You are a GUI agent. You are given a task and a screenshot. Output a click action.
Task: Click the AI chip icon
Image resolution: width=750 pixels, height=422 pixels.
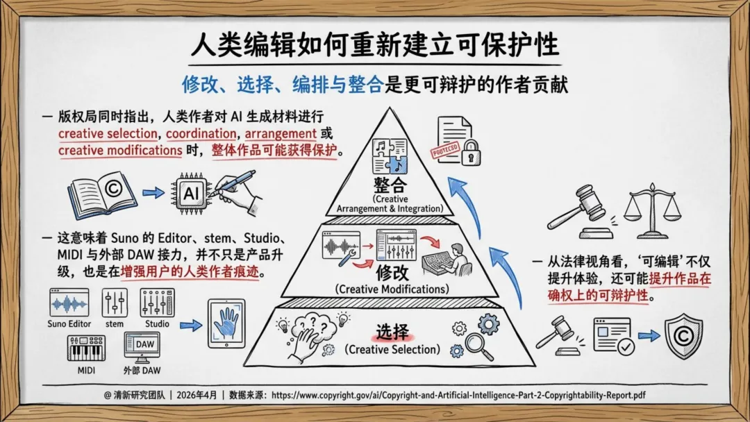tap(191, 194)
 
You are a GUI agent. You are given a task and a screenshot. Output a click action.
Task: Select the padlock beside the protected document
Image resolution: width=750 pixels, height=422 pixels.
tap(471, 151)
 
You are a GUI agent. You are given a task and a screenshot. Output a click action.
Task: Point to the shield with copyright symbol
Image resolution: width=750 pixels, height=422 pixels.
tap(683, 336)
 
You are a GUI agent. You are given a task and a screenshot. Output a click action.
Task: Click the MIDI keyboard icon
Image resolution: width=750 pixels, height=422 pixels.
tap(86, 348)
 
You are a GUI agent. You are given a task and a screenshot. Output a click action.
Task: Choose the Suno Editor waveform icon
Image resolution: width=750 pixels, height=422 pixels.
tap(69, 303)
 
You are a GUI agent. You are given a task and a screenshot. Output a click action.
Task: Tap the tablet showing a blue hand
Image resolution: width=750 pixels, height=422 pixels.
tap(226, 323)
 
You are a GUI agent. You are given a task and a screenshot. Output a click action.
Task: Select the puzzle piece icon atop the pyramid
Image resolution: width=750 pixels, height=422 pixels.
tap(390, 156)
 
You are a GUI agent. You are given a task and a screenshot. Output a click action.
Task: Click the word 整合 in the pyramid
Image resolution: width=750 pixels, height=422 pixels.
tap(390, 185)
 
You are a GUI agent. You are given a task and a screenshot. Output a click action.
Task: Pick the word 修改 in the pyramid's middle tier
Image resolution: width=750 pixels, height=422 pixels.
tap(392, 273)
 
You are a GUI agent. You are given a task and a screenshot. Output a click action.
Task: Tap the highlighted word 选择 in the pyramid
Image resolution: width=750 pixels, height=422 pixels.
tap(392, 332)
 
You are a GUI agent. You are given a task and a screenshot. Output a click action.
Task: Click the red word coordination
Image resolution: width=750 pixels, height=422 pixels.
tap(201, 133)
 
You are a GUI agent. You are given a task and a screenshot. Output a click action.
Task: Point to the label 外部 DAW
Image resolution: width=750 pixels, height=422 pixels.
tap(142, 371)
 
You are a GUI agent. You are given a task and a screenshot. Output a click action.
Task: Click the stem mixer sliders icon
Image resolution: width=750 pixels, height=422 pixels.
tap(115, 303)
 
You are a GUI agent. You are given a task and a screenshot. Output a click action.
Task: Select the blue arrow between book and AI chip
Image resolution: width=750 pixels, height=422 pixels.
tap(153, 192)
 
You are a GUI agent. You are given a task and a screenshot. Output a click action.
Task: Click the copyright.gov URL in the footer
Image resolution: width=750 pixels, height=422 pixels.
tap(458, 395)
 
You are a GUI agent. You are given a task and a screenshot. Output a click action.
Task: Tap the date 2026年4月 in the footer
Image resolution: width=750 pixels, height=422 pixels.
tap(197, 395)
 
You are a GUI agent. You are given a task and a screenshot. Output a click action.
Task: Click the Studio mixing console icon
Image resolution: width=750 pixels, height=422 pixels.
tap(158, 303)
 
